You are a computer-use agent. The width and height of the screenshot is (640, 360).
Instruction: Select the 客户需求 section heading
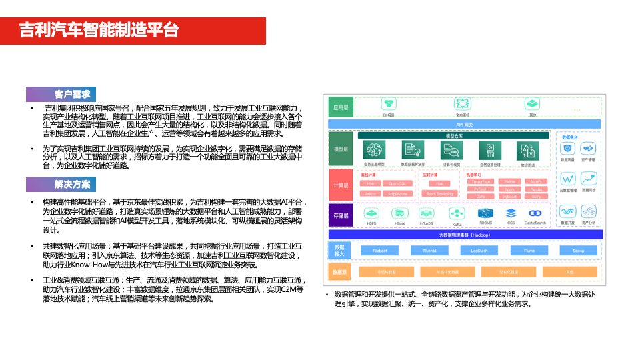coord(72,94)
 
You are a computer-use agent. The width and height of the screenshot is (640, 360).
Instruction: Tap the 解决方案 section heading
coord(72,184)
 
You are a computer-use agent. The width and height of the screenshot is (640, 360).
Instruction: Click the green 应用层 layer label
coord(341,107)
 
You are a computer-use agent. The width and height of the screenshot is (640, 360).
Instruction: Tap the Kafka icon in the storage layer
coord(457,213)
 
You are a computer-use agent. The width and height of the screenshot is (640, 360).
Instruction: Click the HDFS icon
coord(372,213)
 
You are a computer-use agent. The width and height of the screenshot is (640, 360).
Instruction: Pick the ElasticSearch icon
coord(535,213)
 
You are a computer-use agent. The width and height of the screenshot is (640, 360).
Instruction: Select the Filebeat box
coord(380,251)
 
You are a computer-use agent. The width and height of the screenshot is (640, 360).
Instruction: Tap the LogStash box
coord(479,251)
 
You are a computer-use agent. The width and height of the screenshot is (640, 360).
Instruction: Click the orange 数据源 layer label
coord(340,272)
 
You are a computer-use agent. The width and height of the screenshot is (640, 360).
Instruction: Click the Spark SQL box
coord(397,183)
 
